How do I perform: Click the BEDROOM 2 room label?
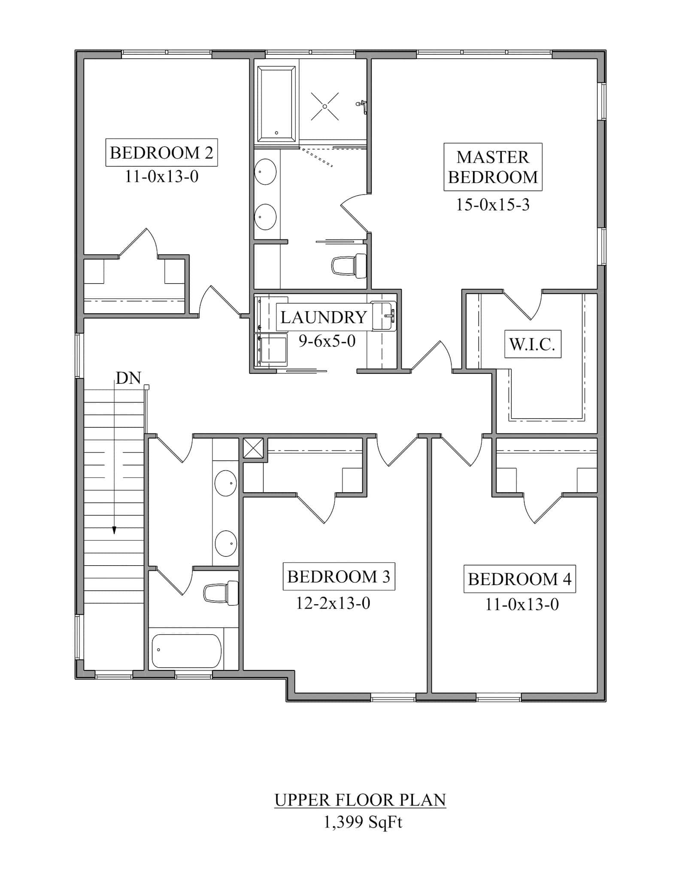[161, 152]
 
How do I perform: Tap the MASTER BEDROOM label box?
[492, 167]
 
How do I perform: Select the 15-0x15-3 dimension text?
[492, 205]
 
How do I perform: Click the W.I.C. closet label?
[532, 344]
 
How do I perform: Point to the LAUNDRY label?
[323, 317]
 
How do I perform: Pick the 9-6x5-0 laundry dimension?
[327, 341]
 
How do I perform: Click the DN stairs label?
[128, 378]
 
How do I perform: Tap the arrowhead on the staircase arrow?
[114, 530]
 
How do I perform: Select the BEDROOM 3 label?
[338, 576]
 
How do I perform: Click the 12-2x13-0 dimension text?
[333, 603]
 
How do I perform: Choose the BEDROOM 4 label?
[519, 579]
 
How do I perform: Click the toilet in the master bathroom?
[349, 266]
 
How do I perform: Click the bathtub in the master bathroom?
[276, 104]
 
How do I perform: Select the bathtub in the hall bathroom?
[187, 651]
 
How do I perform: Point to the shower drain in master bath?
[325, 106]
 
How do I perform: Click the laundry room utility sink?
[383, 316]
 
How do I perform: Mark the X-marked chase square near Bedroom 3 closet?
[253, 448]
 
